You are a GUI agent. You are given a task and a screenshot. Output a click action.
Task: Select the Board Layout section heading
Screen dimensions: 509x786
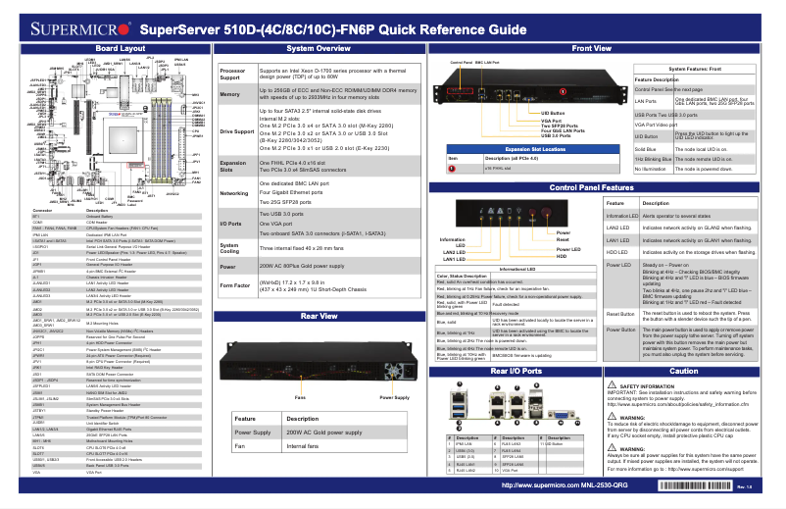tap(108, 47)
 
